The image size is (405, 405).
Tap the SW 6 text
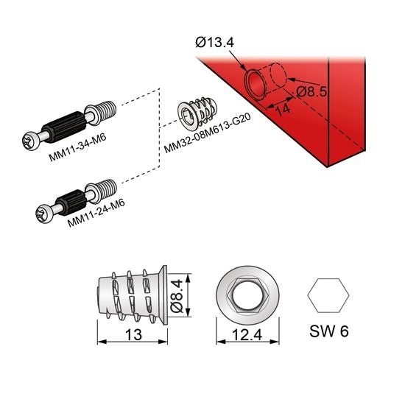click(329, 331)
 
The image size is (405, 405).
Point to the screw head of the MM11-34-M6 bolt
click(32, 138)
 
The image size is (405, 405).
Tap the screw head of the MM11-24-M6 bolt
click(42, 214)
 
